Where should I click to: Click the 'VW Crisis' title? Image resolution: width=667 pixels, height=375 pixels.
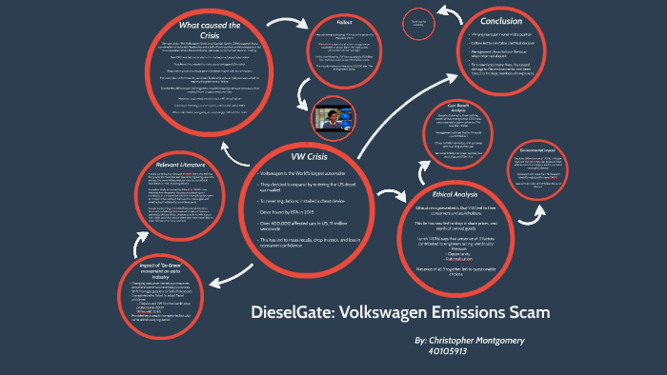[312, 155]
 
